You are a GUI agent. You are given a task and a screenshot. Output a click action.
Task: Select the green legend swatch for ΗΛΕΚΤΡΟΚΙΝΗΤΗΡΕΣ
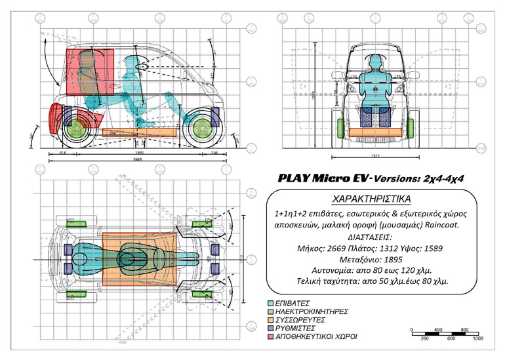coord(271,312)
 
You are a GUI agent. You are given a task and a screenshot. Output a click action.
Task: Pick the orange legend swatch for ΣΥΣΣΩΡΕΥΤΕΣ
coord(271,320)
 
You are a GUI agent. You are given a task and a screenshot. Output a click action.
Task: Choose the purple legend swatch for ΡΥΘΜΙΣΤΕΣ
coord(271,328)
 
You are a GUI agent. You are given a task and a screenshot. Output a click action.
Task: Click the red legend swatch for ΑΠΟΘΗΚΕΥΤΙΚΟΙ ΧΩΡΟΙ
coord(271,336)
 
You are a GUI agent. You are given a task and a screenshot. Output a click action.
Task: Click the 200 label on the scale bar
coord(424,339)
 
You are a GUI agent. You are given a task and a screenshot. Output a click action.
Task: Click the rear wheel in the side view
coord(78,127)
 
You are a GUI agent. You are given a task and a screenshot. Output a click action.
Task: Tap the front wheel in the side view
coord(200,129)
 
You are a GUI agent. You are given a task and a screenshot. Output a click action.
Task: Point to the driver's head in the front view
coord(375,63)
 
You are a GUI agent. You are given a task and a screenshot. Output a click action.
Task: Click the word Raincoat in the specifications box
coord(439,226)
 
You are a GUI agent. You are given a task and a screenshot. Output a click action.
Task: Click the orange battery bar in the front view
coord(375,133)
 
